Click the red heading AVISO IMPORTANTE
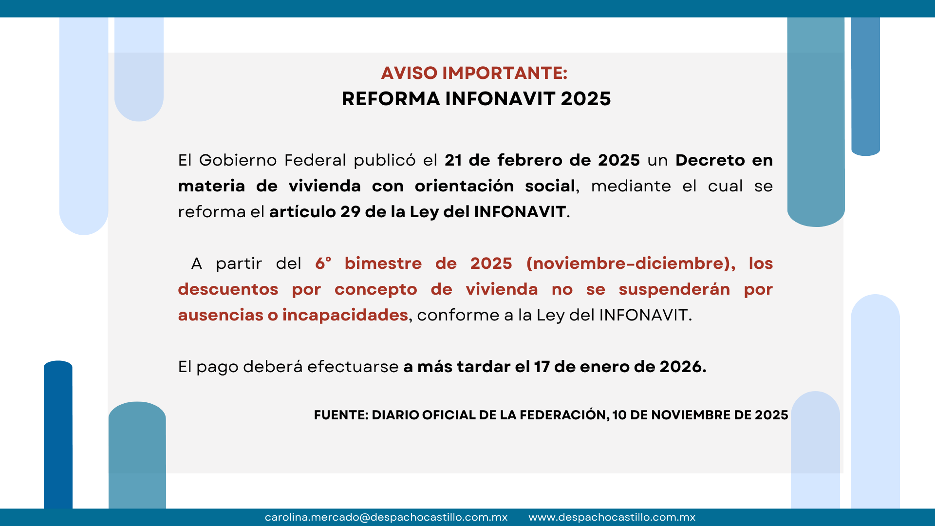pos(474,73)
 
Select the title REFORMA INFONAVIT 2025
pos(476,99)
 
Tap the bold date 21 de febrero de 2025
pos(542,160)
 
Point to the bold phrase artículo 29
pos(314,212)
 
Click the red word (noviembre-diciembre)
pos(631,263)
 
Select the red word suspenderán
pos(674,289)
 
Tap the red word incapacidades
pos(345,315)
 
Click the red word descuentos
pos(228,289)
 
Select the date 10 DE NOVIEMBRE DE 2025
pos(700,415)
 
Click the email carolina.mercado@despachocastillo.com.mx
pos(386,517)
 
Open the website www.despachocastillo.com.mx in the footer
pos(612,517)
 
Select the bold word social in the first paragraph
pos(550,186)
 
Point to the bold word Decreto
pos(710,160)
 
